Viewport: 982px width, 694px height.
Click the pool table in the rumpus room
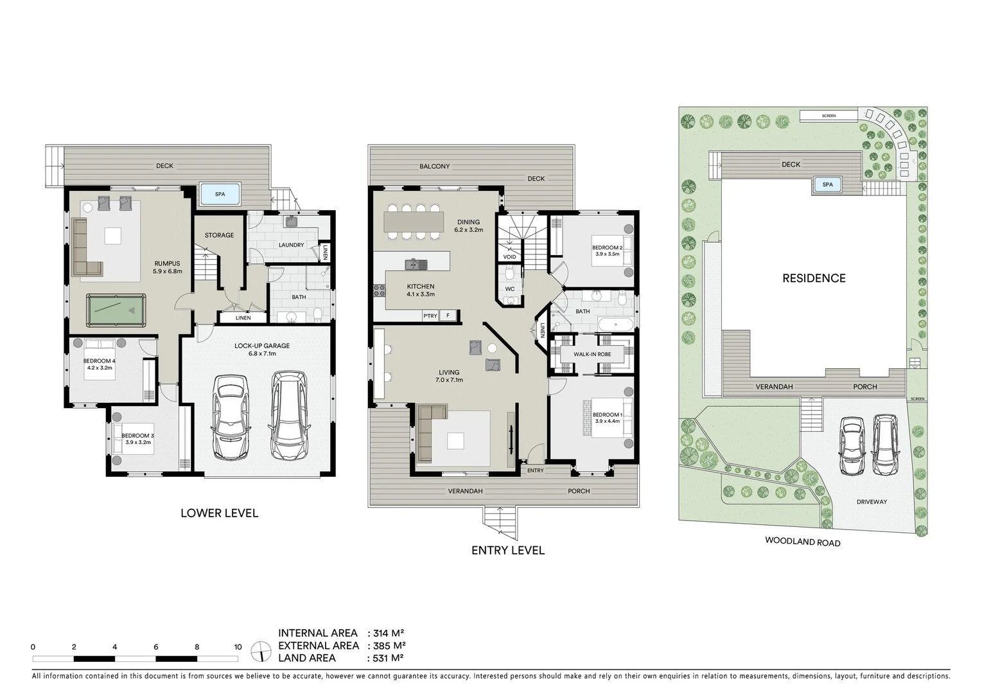point(116,311)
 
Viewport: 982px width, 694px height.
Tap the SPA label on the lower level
point(220,194)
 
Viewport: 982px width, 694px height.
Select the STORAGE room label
point(219,235)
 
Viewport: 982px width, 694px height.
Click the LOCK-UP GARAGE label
point(262,346)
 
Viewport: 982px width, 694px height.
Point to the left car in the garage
point(230,417)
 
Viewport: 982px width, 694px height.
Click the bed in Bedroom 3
point(134,439)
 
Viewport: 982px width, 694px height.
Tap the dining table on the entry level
point(414,222)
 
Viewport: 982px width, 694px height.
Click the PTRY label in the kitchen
point(430,316)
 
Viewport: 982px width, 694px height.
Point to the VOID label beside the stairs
point(509,257)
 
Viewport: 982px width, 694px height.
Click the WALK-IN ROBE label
point(592,354)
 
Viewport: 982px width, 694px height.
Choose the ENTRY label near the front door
point(535,470)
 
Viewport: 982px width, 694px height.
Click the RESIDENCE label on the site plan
point(814,278)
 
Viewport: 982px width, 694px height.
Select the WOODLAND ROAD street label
point(802,542)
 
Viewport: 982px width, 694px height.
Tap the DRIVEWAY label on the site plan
point(871,502)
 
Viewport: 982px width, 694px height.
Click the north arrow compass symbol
point(261,652)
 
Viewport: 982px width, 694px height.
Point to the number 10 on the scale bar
point(238,647)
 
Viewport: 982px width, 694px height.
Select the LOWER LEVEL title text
point(219,513)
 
